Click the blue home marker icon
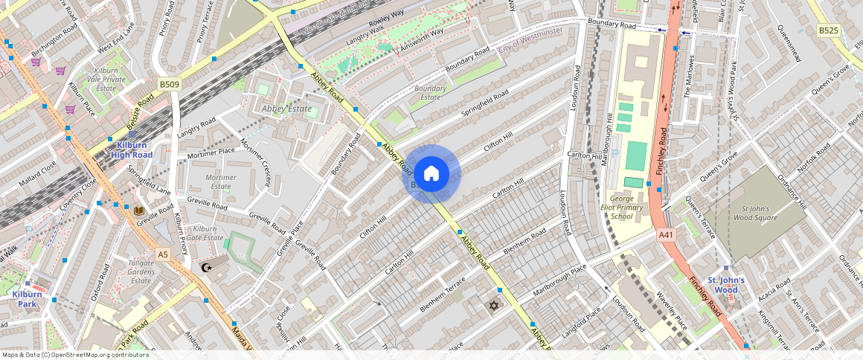coord(431,174)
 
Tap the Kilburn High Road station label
coord(131,150)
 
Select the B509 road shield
coord(169,85)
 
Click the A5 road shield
coord(163,254)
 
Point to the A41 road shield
coord(666,235)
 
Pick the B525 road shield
coord(828,30)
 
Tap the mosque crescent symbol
coord(206,267)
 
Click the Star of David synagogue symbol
coord(491,305)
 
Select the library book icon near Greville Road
coord(138,211)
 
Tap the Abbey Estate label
coord(286,109)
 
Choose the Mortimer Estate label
coord(220,182)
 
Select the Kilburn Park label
coord(27,299)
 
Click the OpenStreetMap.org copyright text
coord(74,355)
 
